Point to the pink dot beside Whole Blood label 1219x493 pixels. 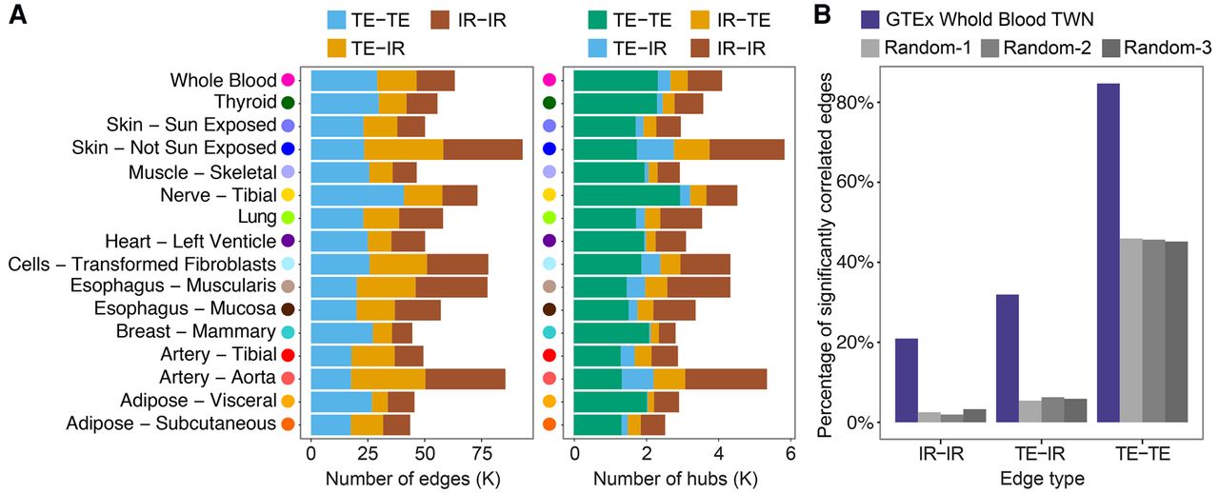(x=289, y=81)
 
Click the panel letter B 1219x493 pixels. (x=823, y=17)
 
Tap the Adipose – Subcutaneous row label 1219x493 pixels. (x=170, y=424)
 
